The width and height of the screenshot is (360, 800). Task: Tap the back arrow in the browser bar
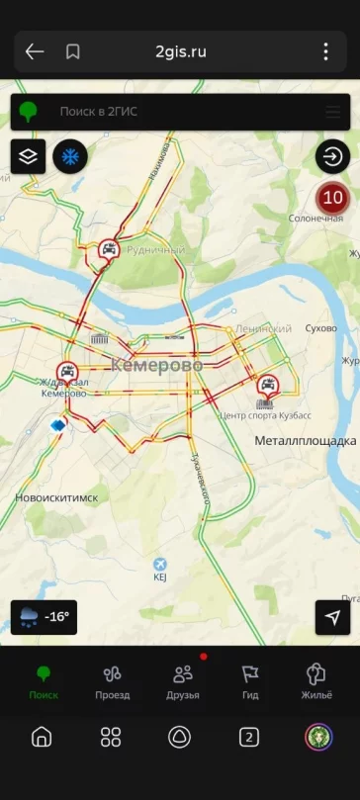35,51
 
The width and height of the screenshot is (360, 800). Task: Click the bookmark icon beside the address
72,51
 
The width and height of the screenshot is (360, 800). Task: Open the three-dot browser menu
325,51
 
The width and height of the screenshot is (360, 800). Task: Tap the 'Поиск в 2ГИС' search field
178,112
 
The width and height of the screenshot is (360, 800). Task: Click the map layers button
28,156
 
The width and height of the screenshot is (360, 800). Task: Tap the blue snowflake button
70,156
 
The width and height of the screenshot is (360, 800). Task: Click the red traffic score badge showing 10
333,198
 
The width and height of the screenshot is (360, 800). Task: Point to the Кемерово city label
158,366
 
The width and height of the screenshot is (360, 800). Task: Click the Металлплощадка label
305,440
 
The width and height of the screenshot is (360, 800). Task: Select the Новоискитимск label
56,497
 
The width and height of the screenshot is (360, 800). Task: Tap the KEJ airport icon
160,565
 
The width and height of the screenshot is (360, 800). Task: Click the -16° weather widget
44,617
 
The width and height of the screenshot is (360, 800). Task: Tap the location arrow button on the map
332,617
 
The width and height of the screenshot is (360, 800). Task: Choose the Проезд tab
112,681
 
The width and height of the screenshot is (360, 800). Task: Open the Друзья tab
183,681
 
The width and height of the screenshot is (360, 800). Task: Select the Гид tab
250,681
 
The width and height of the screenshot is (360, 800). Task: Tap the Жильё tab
316,681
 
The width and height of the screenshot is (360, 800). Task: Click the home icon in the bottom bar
42,737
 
